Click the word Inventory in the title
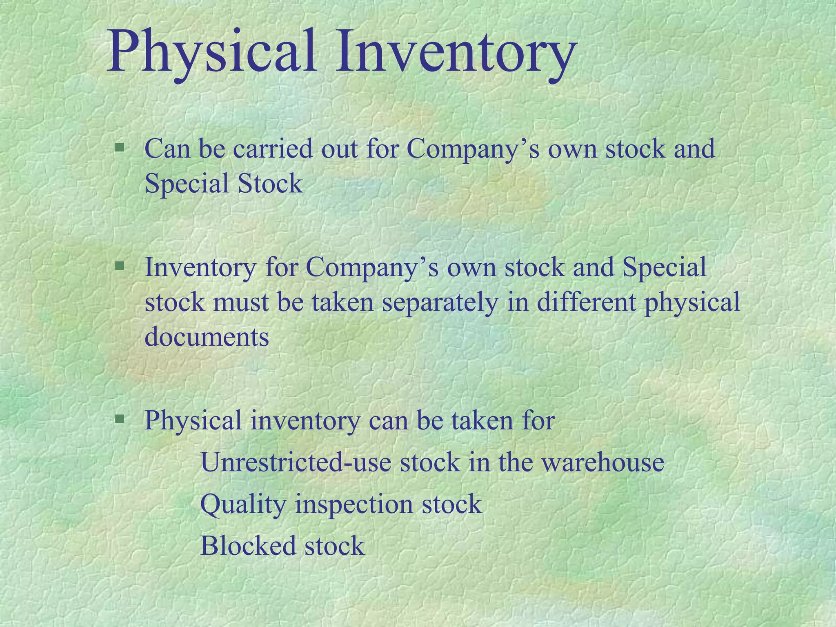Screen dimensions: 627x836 click(x=455, y=53)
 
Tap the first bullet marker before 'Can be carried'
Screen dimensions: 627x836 click(x=120, y=147)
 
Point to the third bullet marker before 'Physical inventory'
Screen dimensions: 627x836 click(x=120, y=419)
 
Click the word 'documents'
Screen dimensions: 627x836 click(x=207, y=338)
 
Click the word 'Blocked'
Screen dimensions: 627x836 click(x=248, y=546)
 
